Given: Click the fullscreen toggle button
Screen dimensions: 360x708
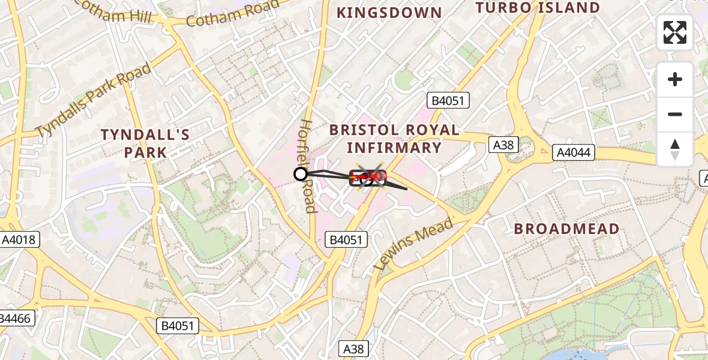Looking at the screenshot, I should point(675,32).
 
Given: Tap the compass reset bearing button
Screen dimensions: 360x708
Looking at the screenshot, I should point(675,149).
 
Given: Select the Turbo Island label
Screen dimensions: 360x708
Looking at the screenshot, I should point(538,8).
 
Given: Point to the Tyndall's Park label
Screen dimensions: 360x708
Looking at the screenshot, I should point(145,143).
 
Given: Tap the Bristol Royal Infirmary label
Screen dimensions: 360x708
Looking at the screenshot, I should point(394,139).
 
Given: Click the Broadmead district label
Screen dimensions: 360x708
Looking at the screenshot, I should point(567,229).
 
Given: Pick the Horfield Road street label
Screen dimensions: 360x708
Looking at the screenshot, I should point(307,166).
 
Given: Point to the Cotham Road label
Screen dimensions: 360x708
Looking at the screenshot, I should point(233,13).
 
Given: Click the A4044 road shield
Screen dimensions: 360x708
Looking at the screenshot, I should point(574,152).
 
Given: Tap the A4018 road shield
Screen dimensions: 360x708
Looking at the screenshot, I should point(19,240).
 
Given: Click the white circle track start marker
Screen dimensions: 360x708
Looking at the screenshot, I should point(301,174).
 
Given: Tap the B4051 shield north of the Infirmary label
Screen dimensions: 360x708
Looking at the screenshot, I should point(447,100).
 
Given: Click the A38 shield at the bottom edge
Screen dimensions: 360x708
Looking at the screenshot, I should point(354,349).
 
